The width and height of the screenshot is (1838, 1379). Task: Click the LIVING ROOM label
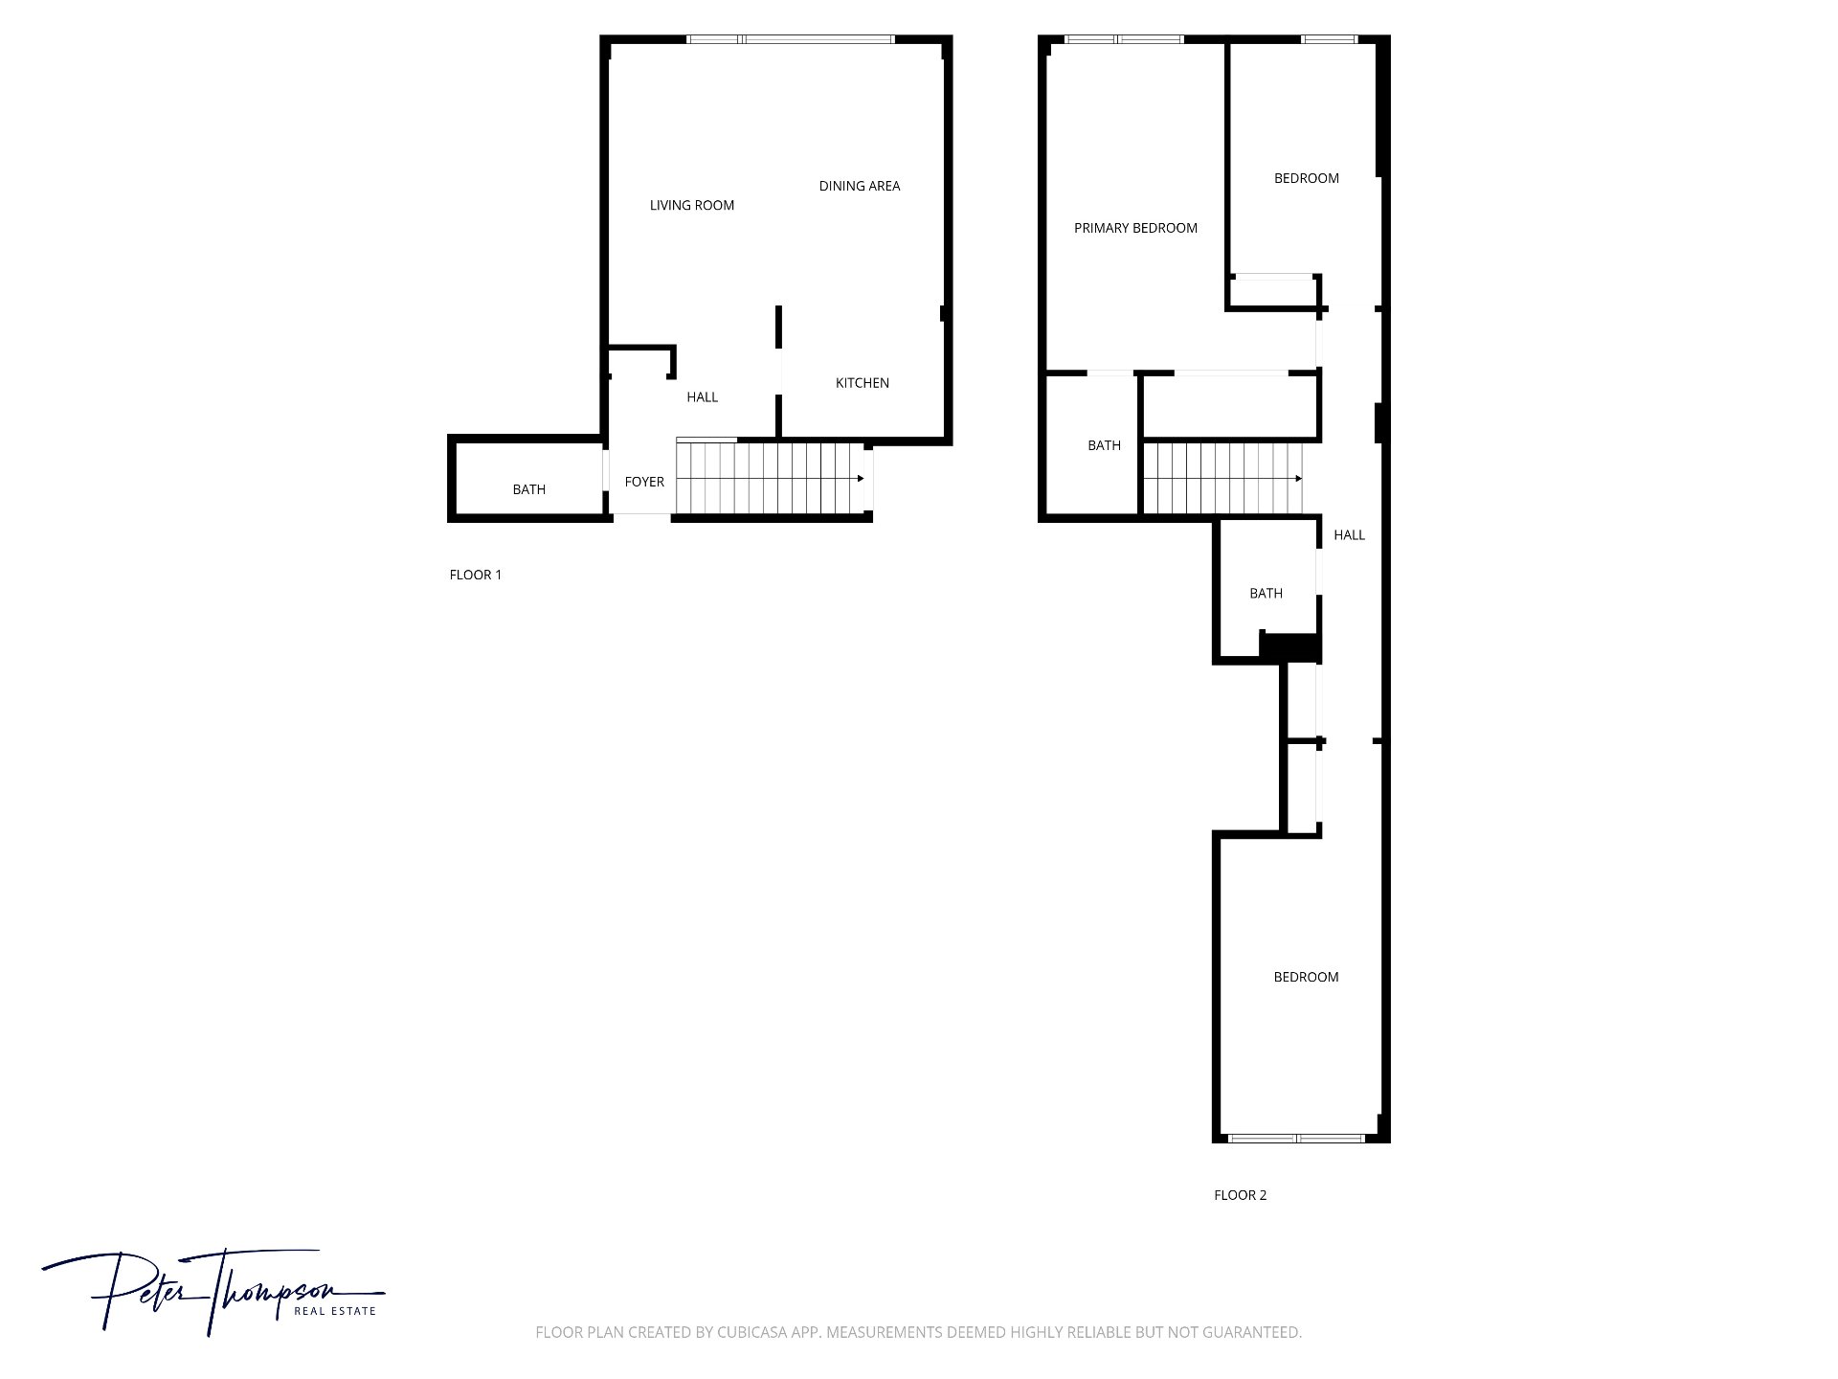click(x=692, y=205)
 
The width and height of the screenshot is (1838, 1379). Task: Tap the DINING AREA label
click(x=860, y=186)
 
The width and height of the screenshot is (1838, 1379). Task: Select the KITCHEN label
click(x=863, y=383)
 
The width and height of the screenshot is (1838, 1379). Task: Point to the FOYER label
click(x=644, y=482)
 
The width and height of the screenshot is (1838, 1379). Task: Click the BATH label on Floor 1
click(x=529, y=489)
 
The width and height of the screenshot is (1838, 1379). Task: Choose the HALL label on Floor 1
click(x=703, y=397)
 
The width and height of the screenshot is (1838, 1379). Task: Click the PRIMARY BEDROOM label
click(x=1136, y=228)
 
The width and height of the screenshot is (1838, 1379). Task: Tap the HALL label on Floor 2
click(x=1350, y=535)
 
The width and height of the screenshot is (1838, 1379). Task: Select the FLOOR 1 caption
click(x=476, y=575)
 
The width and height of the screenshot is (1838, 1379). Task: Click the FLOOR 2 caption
click(x=1241, y=1195)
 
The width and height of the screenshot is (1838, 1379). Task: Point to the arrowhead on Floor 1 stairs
click(x=862, y=479)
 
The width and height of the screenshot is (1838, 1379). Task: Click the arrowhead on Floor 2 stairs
click(x=1299, y=479)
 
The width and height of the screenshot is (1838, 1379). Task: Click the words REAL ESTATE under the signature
click(x=335, y=1311)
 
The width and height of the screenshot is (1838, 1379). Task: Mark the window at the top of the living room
click(x=791, y=39)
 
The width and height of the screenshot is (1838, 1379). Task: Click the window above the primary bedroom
click(x=1124, y=39)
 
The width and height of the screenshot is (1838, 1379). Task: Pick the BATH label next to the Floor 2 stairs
click(x=1105, y=445)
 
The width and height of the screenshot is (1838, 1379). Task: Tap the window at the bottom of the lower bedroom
click(x=1296, y=1139)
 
